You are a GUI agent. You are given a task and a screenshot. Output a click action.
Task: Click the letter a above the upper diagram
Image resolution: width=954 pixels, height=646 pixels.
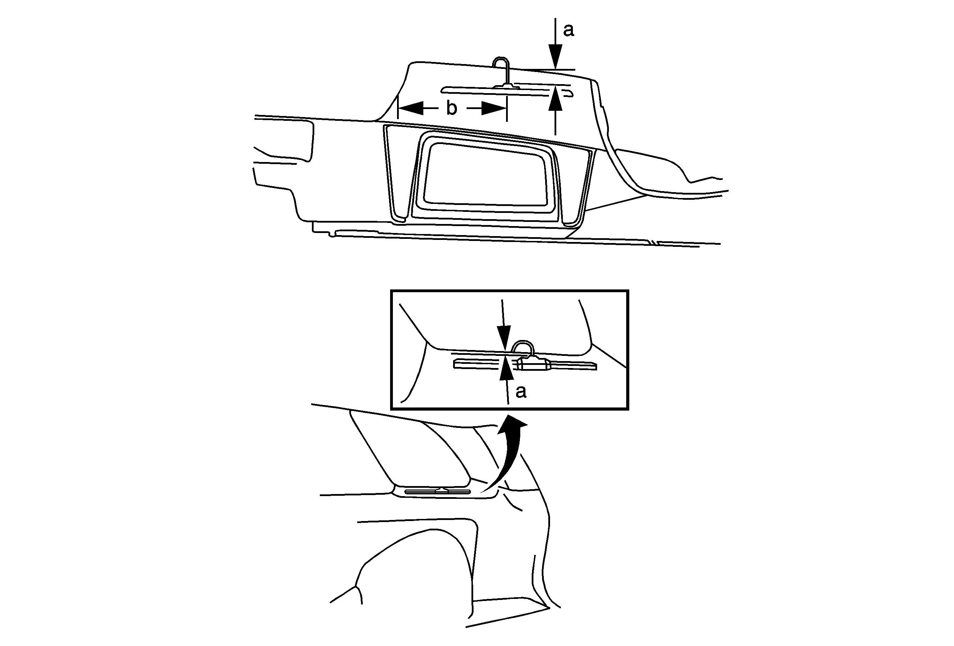coord(568,30)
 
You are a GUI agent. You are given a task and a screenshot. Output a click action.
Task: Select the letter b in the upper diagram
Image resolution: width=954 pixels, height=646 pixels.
coord(451,108)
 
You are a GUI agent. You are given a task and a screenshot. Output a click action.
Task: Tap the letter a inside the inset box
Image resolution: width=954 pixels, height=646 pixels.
coord(521,392)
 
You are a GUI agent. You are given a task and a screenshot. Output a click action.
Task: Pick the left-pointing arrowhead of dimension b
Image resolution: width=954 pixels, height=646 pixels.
coord(411,108)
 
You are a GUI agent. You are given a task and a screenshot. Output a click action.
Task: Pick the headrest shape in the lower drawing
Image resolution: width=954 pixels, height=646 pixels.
coord(411,449)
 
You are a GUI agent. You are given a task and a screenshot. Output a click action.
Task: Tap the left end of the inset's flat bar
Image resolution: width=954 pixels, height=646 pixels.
coord(455,363)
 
